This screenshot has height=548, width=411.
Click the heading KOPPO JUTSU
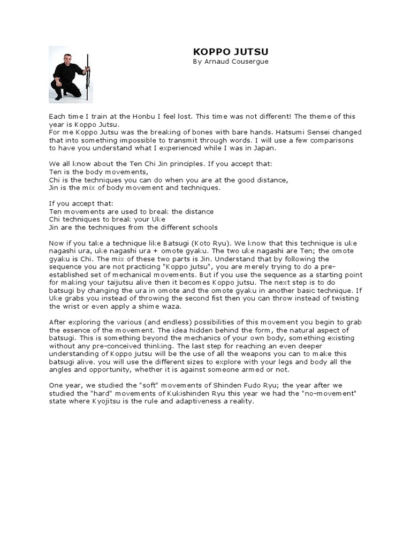(230, 51)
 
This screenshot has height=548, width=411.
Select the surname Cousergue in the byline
(248, 62)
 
